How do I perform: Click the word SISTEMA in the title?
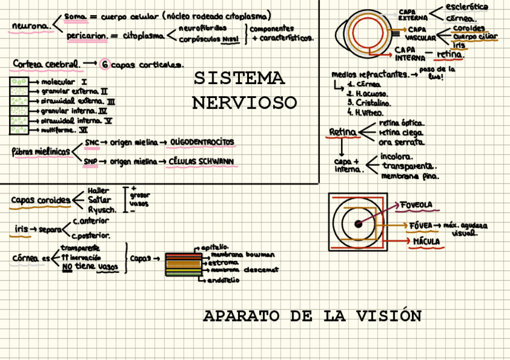[x=239, y=79]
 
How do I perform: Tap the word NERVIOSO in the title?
[x=244, y=103]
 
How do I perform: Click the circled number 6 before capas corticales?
[x=105, y=64]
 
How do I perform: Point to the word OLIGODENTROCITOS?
[x=202, y=142]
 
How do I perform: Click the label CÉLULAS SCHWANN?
[x=201, y=161]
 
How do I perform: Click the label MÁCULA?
[x=426, y=242]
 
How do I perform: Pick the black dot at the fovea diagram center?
[x=358, y=224]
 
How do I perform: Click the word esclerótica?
[x=467, y=7]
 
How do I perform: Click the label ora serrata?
[x=402, y=142]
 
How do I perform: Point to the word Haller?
[x=99, y=191]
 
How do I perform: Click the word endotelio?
[x=224, y=279]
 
